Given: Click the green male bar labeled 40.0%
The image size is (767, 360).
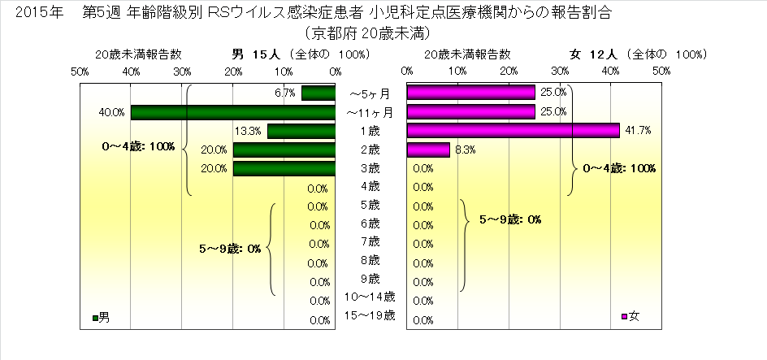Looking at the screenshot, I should pyautogui.click(x=233, y=112).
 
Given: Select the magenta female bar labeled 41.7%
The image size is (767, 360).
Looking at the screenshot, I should pyautogui.click(x=513, y=131).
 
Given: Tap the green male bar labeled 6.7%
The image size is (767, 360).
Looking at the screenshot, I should pyautogui.click(x=318, y=93).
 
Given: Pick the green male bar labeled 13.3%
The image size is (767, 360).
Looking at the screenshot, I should pyautogui.click(x=301, y=131).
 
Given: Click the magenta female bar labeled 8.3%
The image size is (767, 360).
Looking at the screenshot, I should pyautogui.click(x=428, y=150).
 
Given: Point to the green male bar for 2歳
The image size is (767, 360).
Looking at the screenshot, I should pyautogui.click(x=284, y=150).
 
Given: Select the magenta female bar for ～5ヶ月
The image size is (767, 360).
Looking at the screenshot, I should pyautogui.click(x=470, y=93).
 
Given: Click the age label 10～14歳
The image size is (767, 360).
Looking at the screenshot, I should pyautogui.click(x=370, y=297).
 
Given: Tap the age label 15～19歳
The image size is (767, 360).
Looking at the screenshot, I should pyautogui.click(x=370, y=315).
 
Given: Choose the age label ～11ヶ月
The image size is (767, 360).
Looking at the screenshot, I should pyautogui.click(x=370, y=112).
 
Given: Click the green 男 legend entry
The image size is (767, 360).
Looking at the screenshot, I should pyautogui.click(x=102, y=317).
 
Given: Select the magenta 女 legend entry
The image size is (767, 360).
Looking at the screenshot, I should pyautogui.click(x=630, y=317).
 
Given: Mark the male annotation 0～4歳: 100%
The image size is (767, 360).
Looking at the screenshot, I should pyautogui.click(x=139, y=146).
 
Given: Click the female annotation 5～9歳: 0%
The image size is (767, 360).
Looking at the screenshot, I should pyautogui.click(x=510, y=219).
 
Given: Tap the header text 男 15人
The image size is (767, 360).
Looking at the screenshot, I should pyautogui.click(x=256, y=54).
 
